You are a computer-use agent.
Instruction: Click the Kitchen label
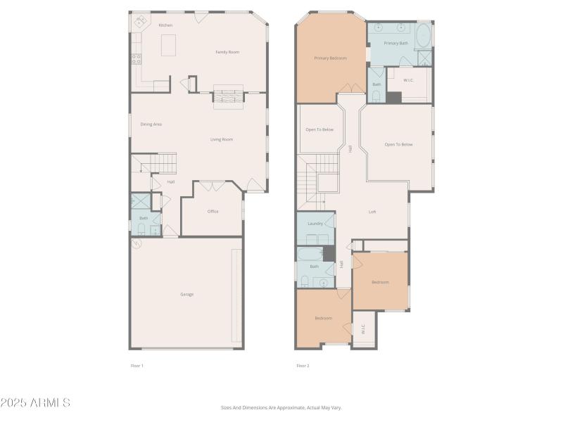(x=165, y=25)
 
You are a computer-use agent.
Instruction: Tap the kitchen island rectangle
(x=168, y=45)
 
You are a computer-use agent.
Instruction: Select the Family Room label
(x=227, y=52)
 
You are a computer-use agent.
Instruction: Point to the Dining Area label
(x=151, y=124)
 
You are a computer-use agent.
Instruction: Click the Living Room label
(x=222, y=139)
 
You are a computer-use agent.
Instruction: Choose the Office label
(x=213, y=212)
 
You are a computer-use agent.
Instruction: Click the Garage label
(x=186, y=294)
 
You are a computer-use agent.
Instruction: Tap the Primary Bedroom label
(x=330, y=58)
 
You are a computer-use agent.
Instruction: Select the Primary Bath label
(x=396, y=43)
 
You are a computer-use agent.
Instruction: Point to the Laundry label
(x=315, y=224)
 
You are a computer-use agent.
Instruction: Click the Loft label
(x=373, y=212)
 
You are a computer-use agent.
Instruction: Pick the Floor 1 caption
(x=137, y=366)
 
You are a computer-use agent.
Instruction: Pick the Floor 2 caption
(x=303, y=366)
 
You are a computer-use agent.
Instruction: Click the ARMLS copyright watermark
(x=35, y=403)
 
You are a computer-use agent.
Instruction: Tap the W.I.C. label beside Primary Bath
(x=408, y=80)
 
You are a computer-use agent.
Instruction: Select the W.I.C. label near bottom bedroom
(x=363, y=328)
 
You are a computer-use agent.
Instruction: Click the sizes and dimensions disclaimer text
(x=281, y=407)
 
